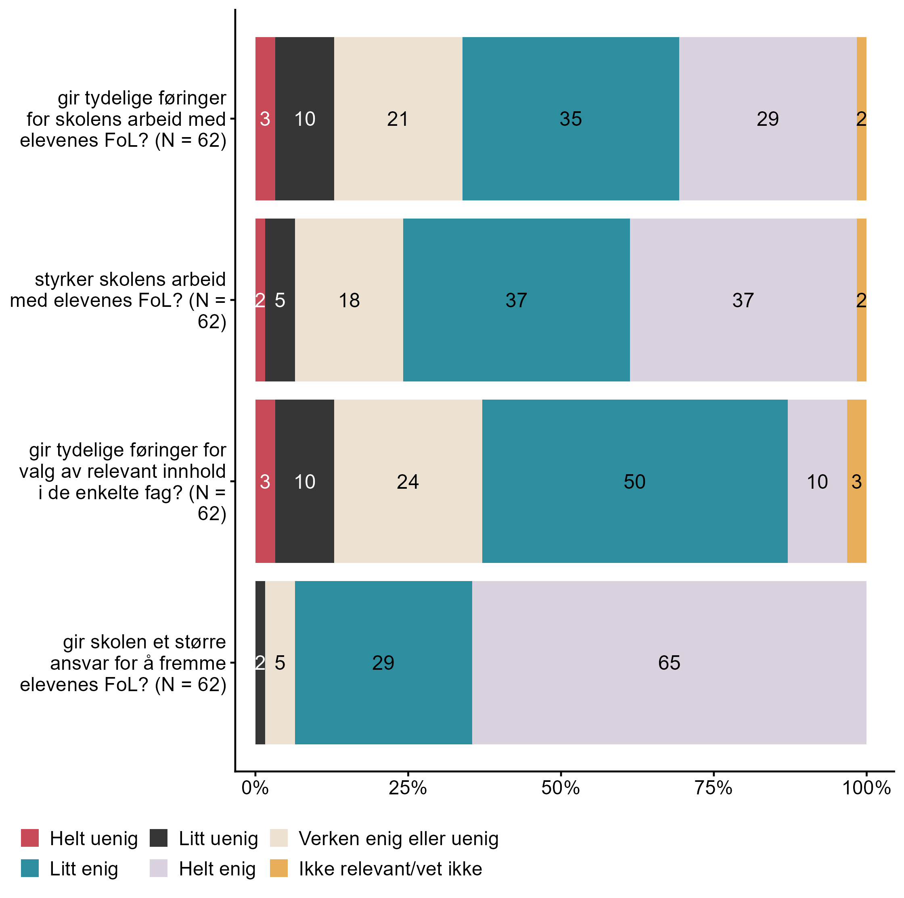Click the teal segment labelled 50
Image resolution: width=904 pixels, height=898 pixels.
pos(634,481)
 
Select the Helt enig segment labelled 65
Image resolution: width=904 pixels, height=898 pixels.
pos(669,663)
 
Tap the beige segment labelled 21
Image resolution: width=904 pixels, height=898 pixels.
pos(398,119)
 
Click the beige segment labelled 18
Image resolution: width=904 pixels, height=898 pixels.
pos(349,300)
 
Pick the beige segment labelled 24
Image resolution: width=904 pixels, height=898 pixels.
pos(408,481)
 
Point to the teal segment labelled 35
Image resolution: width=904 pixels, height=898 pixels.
pos(570,119)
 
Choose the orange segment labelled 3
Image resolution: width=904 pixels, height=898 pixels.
pos(856,481)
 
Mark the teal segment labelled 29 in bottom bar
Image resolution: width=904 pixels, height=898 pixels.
pos(383,663)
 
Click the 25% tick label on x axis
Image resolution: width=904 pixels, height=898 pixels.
pos(408,788)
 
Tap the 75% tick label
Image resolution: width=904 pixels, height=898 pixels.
pos(713,788)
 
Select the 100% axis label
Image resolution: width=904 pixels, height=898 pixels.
pos(866,788)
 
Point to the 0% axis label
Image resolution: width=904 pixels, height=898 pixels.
pos(255,788)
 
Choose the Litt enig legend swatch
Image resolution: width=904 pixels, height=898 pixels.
pos(30,868)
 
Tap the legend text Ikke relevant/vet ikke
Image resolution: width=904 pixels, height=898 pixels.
pos(390,869)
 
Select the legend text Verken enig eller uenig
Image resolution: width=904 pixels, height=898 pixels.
pos(398,839)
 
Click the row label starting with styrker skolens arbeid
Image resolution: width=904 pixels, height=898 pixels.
pos(118,300)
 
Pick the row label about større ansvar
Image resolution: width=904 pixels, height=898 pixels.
pos(123,663)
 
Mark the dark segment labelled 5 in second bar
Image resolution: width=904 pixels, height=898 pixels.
pos(280,300)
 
